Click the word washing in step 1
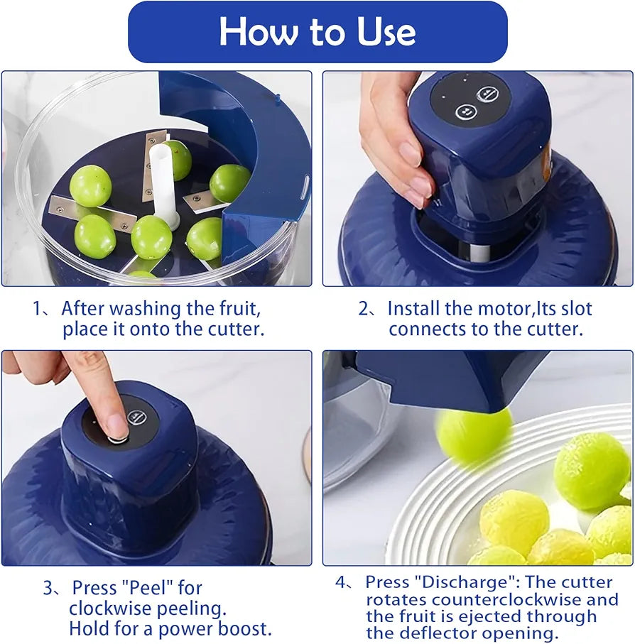146,309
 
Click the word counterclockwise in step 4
490,599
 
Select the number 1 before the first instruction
38,309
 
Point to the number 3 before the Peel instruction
48,588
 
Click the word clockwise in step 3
114,608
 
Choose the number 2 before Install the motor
364,309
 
